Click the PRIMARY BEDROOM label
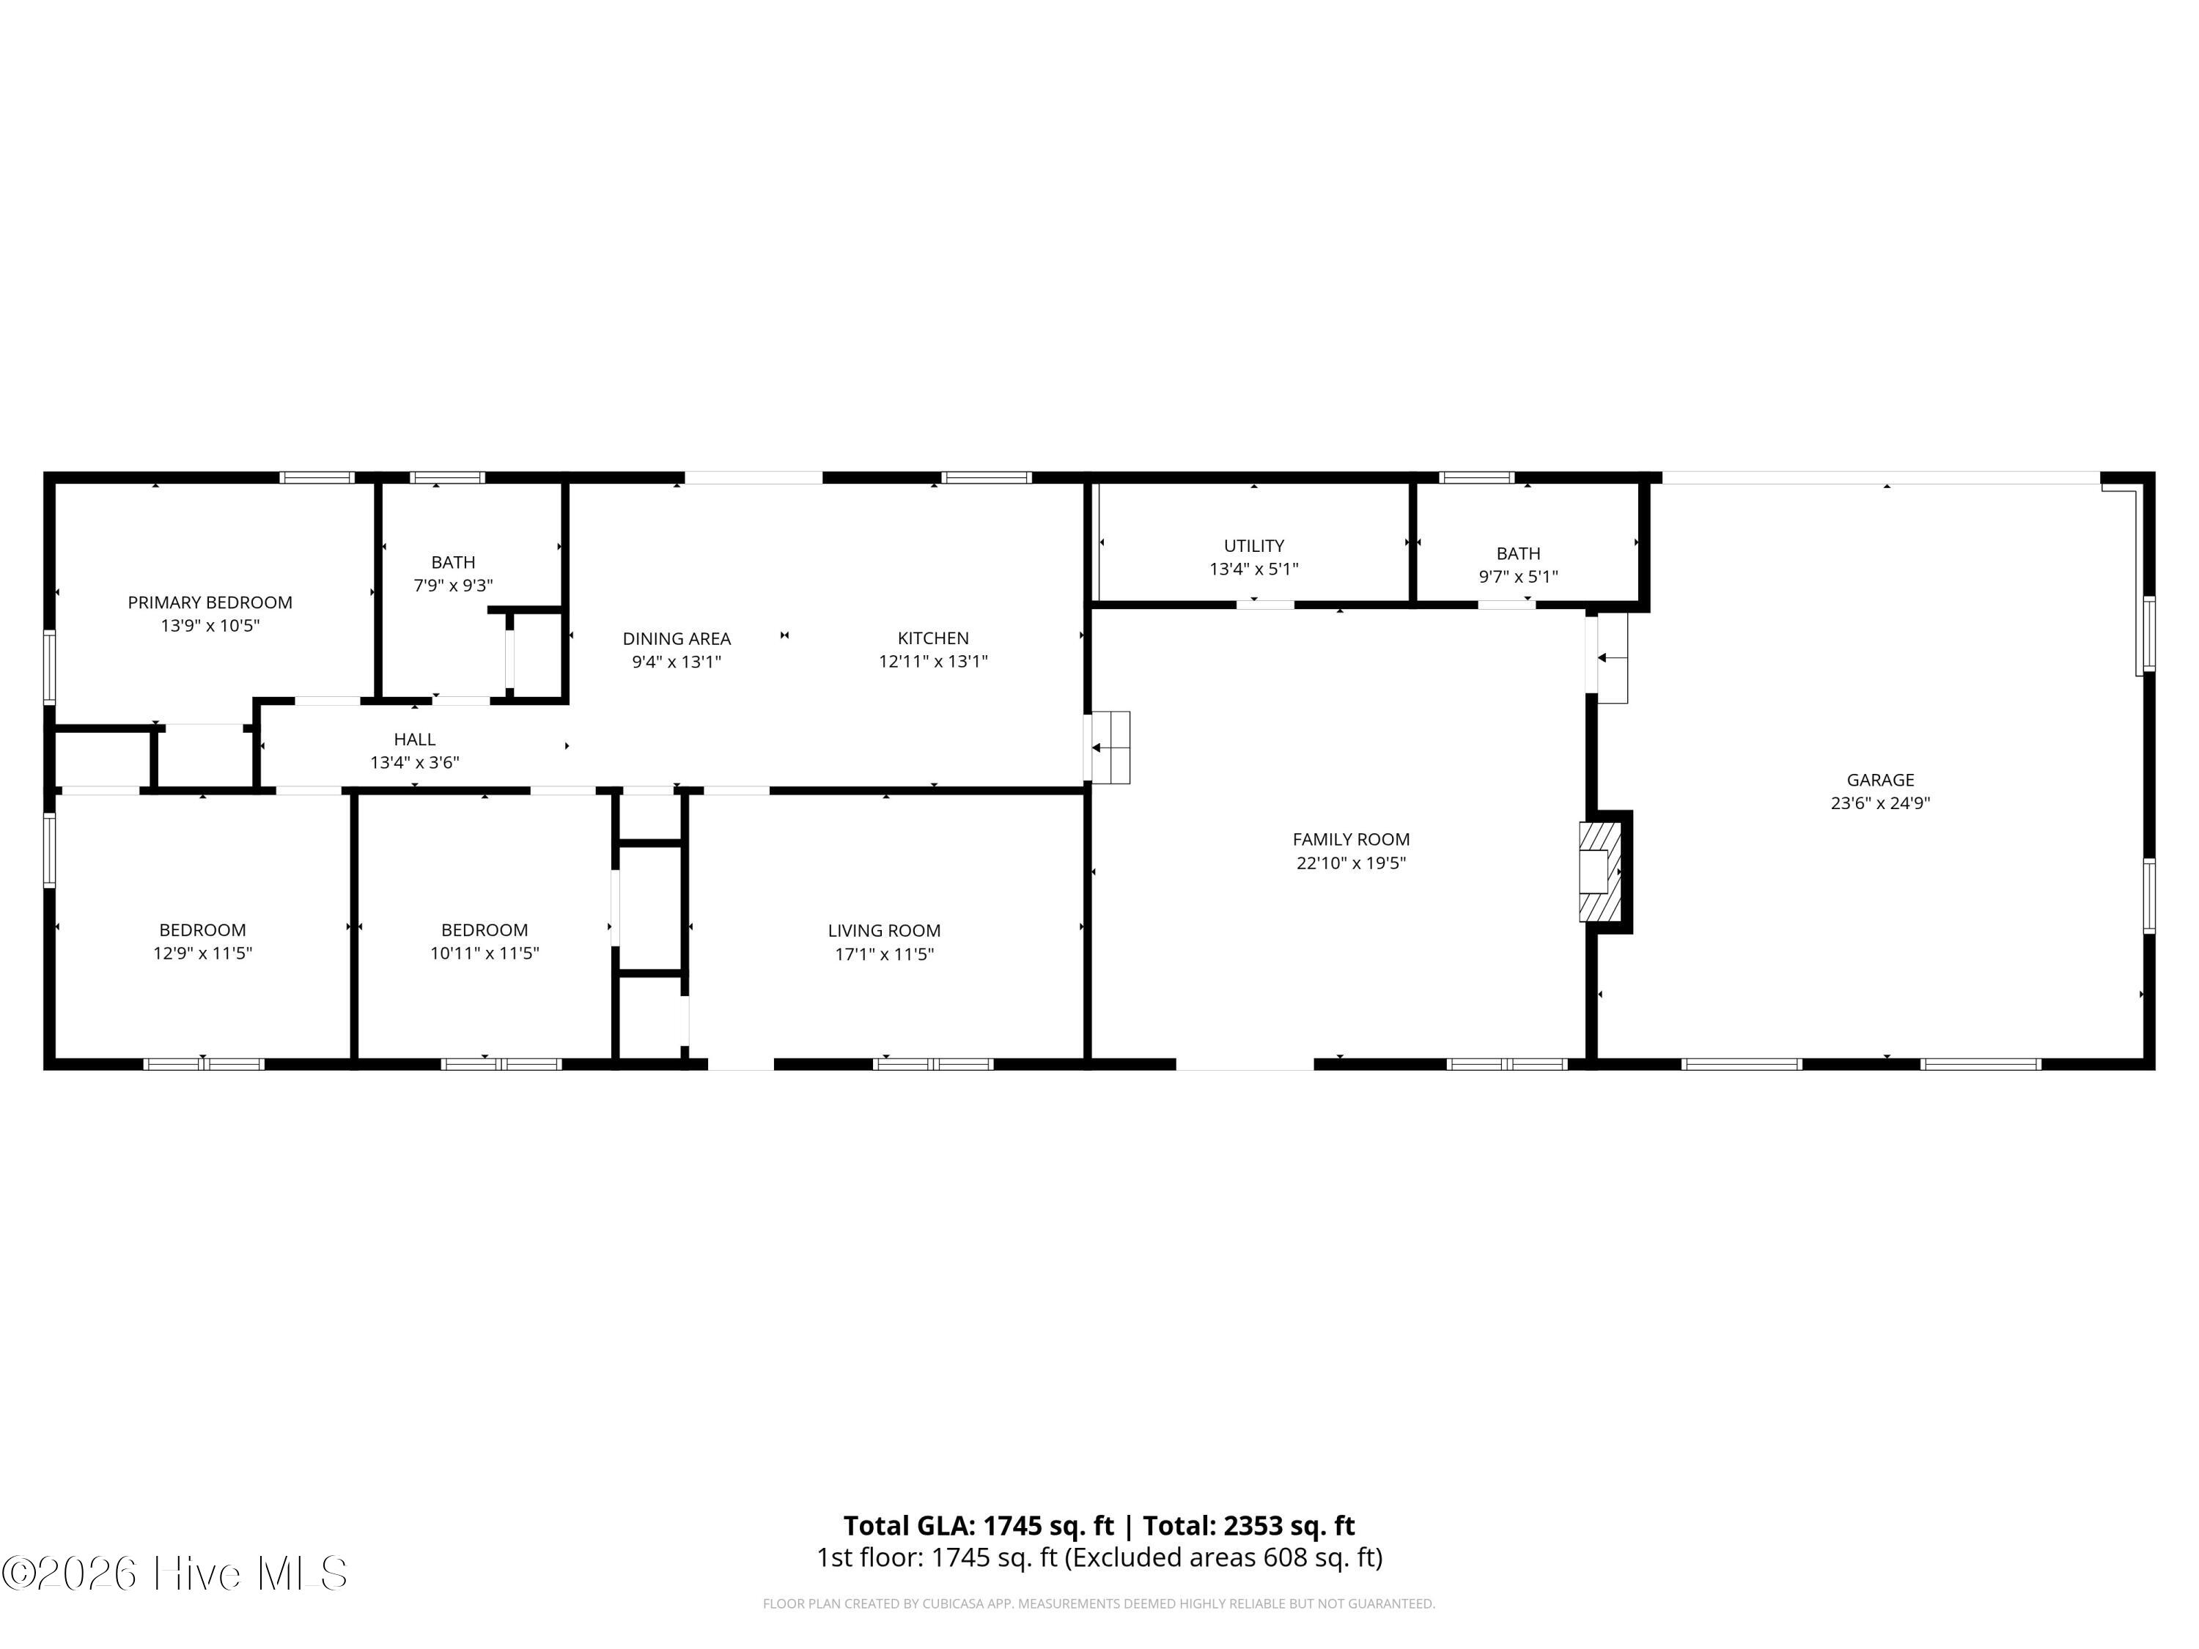tap(210, 602)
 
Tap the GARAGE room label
tap(1880, 781)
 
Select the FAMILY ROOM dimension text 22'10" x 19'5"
tap(1351, 863)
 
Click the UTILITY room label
tap(1253, 546)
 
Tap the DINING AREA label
tap(677, 638)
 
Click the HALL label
tap(415, 739)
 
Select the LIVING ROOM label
tap(884, 930)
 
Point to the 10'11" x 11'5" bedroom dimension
tap(484, 953)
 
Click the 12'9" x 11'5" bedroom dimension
tap(203, 953)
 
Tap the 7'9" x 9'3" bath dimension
tap(453, 586)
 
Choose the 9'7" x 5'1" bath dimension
tap(1518, 577)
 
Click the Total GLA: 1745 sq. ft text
tap(979, 1526)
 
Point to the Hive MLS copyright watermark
tap(175, 1574)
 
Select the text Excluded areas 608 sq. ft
tap(1222, 1557)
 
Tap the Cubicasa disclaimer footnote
tap(1099, 1604)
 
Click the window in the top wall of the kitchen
tap(986, 478)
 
